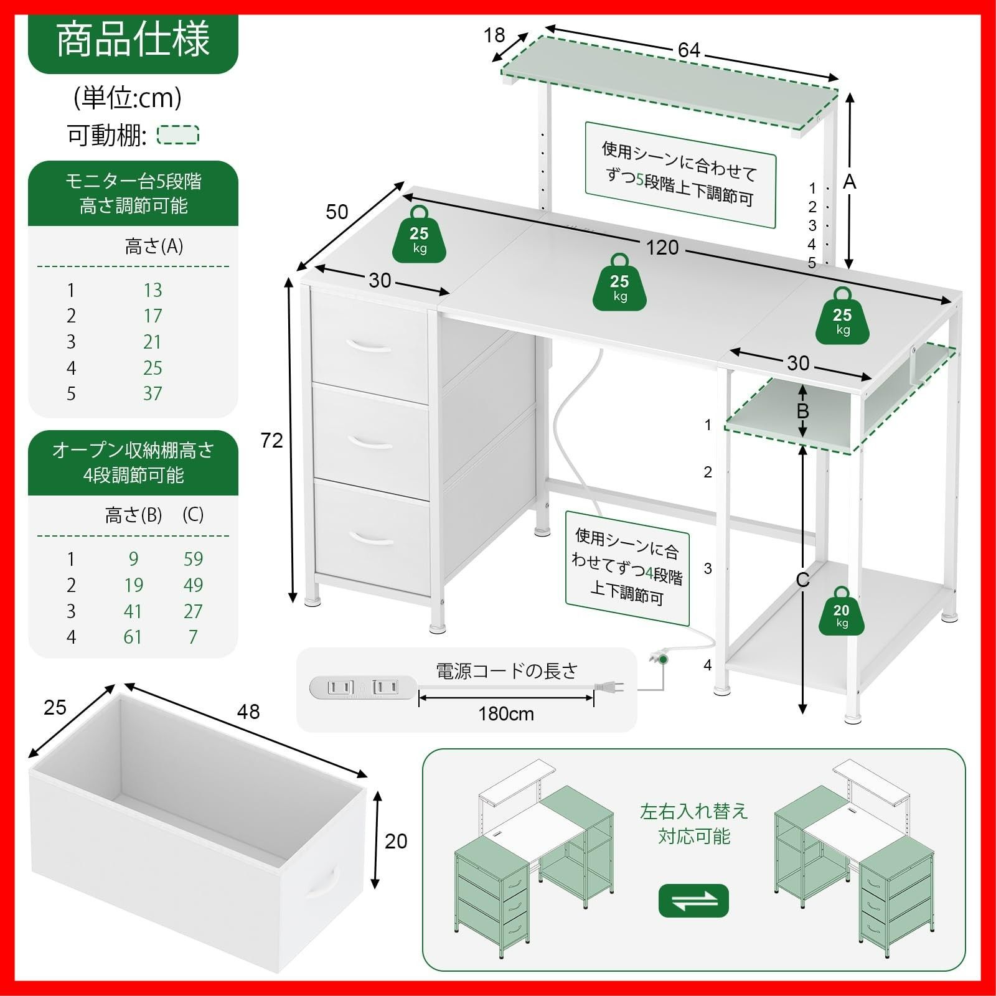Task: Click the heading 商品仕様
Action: coord(133,41)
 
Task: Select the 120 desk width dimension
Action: coord(662,248)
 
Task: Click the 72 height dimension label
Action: coord(271,440)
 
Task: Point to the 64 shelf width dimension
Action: coord(689,50)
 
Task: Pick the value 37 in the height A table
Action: coord(153,393)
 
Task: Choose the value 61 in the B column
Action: coord(132,637)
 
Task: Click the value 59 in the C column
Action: coord(193,559)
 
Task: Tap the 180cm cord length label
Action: coord(506,713)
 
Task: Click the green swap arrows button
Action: coord(693,900)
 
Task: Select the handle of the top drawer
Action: coord(369,345)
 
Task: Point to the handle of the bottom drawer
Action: coord(371,538)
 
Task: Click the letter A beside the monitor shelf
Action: coord(849,182)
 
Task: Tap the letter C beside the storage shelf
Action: coord(802,580)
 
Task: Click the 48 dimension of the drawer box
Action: coord(248,712)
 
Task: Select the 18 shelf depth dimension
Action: coord(494,35)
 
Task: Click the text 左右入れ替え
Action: coord(693,812)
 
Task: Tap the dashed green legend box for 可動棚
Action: coord(178,135)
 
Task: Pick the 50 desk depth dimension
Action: coord(337,212)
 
